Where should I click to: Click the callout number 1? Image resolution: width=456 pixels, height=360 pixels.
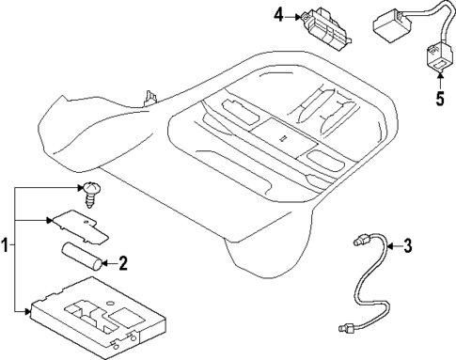click(7, 246)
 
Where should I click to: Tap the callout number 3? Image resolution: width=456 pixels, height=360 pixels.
click(407, 247)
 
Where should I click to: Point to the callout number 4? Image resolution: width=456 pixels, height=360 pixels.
click(277, 14)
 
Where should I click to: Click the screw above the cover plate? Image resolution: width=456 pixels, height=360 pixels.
click(92, 191)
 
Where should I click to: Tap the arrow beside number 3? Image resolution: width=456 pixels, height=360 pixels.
click(393, 247)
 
